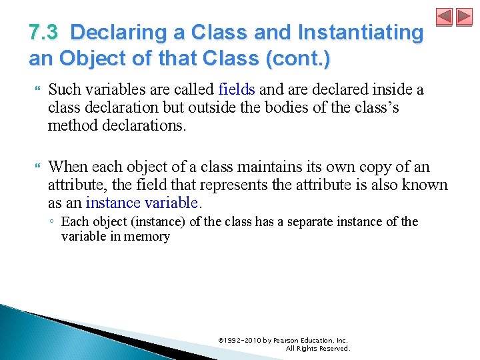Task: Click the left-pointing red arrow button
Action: pyautogui.click(x=444, y=17)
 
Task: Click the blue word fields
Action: pyautogui.click(x=237, y=89)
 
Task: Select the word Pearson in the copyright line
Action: pyautogui.click(x=290, y=340)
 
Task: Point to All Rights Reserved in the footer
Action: pyautogui.click(x=317, y=348)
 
